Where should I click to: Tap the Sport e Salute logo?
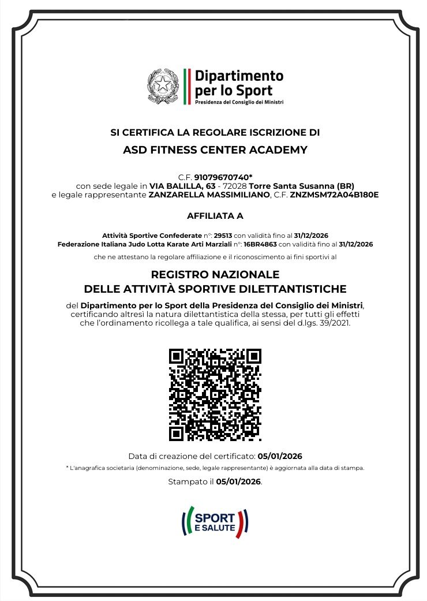(215, 521)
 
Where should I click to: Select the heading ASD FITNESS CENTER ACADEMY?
(215, 150)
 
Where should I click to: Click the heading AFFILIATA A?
(215, 216)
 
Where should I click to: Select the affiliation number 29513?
(222, 236)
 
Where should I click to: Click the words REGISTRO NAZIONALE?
(215, 274)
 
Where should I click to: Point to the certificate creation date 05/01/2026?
(280, 456)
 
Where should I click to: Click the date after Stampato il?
(238, 481)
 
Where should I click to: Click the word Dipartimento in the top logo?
(239, 76)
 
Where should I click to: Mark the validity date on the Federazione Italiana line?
(355, 244)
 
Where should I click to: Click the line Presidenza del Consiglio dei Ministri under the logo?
(239, 102)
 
